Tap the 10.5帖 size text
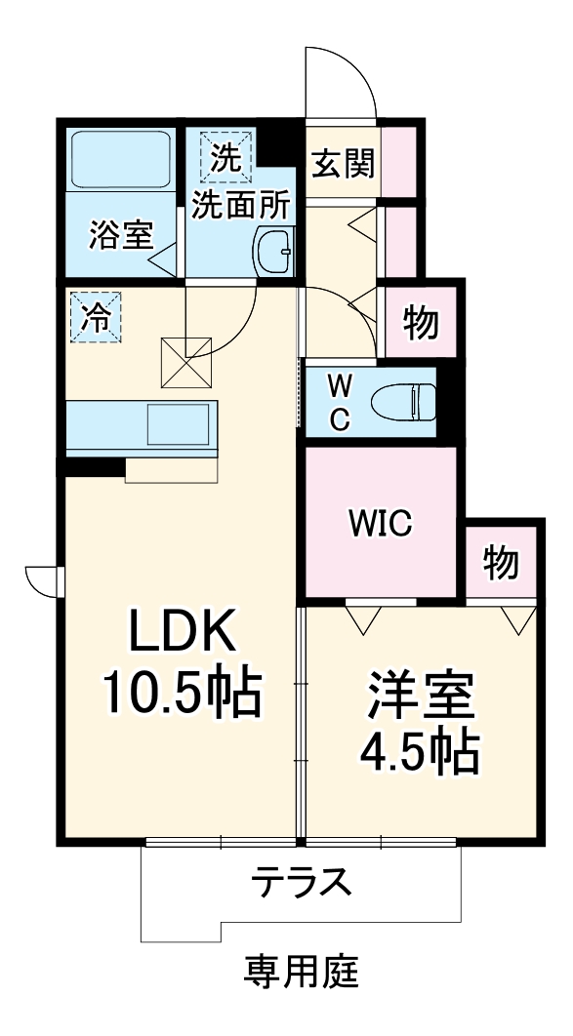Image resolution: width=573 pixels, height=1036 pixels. (184, 695)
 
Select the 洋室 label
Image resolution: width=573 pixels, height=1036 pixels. (421, 694)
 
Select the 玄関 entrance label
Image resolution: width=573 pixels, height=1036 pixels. (343, 163)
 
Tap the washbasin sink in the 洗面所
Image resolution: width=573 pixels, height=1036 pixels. (274, 252)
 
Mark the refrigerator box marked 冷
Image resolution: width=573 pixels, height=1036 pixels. (97, 318)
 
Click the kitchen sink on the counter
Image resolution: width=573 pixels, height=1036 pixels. (181, 424)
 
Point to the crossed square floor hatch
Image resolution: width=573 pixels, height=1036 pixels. (186, 361)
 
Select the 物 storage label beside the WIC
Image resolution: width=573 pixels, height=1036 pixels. (500, 562)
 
